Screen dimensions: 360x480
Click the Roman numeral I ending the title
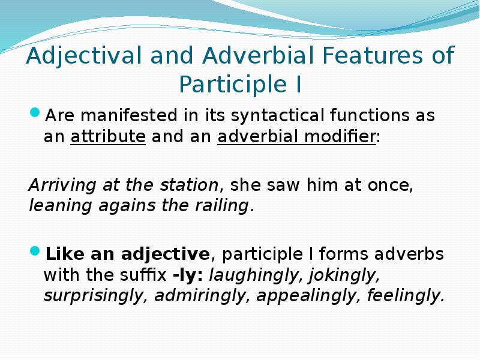click(297, 85)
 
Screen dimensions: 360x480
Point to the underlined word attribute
click(108, 136)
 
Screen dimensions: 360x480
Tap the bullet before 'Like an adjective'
click(35, 251)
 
